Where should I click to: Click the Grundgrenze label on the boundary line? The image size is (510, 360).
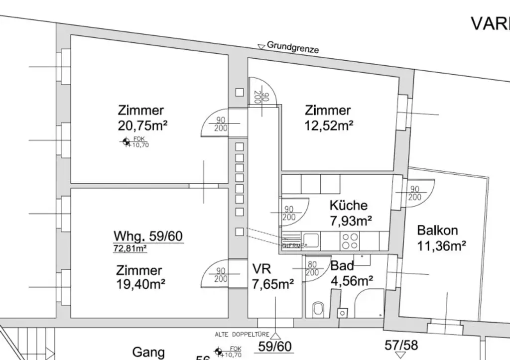coord(293,47)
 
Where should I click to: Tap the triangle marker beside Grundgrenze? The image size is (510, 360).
coord(261,47)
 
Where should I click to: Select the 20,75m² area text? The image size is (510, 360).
coord(142,124)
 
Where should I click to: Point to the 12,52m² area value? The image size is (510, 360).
coord(329,125)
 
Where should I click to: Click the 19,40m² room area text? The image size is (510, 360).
coord(141,284)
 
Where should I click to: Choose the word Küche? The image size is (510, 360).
coord(349,205)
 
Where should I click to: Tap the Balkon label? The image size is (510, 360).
coord(437,231)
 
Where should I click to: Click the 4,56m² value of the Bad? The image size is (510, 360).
coord(352,281)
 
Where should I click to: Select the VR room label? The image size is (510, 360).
coord(262,269)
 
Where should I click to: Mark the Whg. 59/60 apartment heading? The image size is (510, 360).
coord(148,236)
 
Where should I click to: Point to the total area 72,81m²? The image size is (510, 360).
coord(130,247)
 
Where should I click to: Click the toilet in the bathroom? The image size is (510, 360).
coord(318,310)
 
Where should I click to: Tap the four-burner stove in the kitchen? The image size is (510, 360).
coord(350,241)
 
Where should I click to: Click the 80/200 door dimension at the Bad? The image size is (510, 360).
coord(312,269)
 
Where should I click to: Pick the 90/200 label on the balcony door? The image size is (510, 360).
coord(414,193)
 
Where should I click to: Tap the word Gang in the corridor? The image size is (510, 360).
coord(148,353)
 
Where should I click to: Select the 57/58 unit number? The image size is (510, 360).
coord(401,345)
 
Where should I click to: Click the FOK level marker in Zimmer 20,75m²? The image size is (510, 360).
coord(127,143)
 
